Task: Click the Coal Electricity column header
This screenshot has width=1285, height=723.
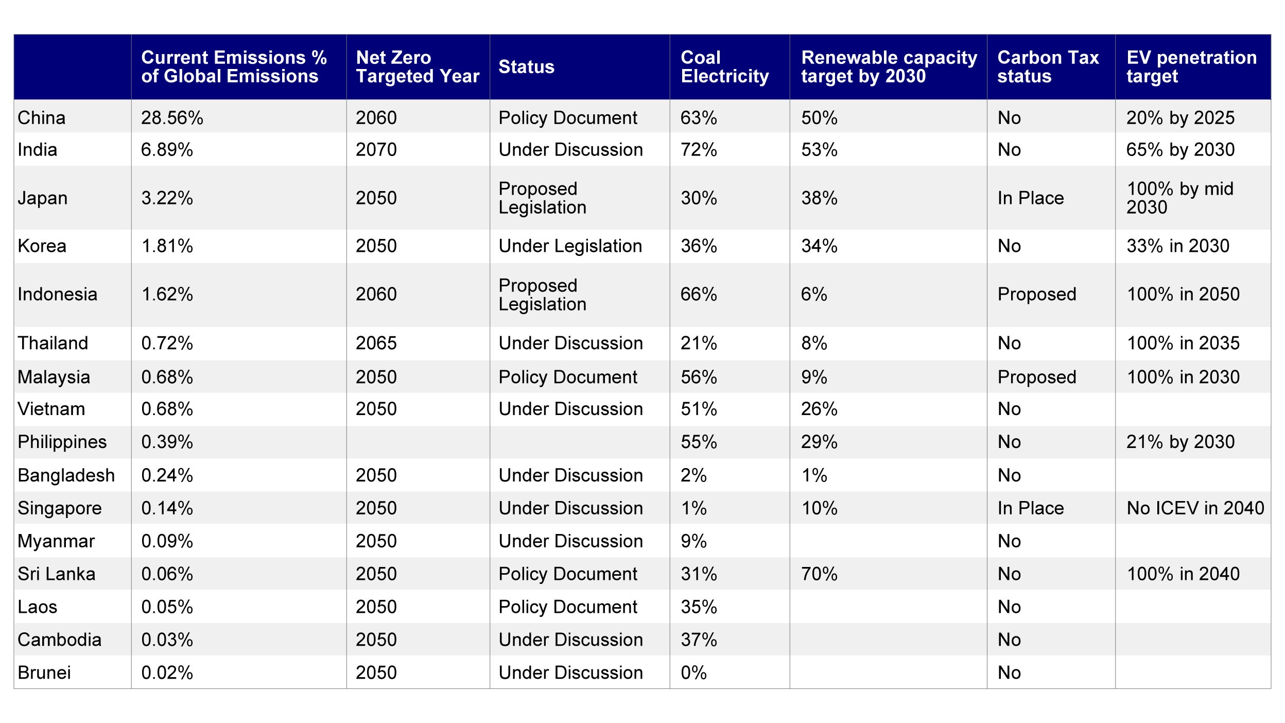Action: (x=724, y=67)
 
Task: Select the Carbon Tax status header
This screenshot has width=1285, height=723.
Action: (x=1048, y=67)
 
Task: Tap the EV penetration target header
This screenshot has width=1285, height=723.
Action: (x=1191, y=67)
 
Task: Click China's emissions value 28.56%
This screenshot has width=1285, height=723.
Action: (x=172, y=118)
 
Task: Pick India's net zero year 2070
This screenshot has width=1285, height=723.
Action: (x=376, y=150)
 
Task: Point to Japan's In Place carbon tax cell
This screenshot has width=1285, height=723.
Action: (x=1030, y=198)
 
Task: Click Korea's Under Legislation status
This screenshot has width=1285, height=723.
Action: (x=570, y=246)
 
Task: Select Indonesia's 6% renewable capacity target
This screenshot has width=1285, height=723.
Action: (x=813, y=295)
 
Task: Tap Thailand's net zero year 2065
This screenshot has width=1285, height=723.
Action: (x=376, y=343)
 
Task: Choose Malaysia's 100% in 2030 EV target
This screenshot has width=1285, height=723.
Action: (x=1183, y=377)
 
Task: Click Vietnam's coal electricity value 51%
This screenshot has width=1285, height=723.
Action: (x=699, y=409)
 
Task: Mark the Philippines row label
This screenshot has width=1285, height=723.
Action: (x=62, y=442)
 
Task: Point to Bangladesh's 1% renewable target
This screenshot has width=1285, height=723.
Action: (x=813, y=475)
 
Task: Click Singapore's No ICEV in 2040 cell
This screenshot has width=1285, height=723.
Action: (x=1195, y=508)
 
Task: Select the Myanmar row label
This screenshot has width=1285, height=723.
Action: (x=56, y=541)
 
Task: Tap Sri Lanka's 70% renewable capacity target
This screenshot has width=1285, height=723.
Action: (x=819, y=574)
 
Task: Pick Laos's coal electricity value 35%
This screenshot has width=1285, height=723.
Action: (x=699, y=607)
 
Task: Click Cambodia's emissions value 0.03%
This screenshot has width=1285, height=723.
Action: (x=167, y=640)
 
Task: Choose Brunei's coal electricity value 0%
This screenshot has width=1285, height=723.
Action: (x=693, y=673)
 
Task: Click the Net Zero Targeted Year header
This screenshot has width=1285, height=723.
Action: (x=418, y=67)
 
